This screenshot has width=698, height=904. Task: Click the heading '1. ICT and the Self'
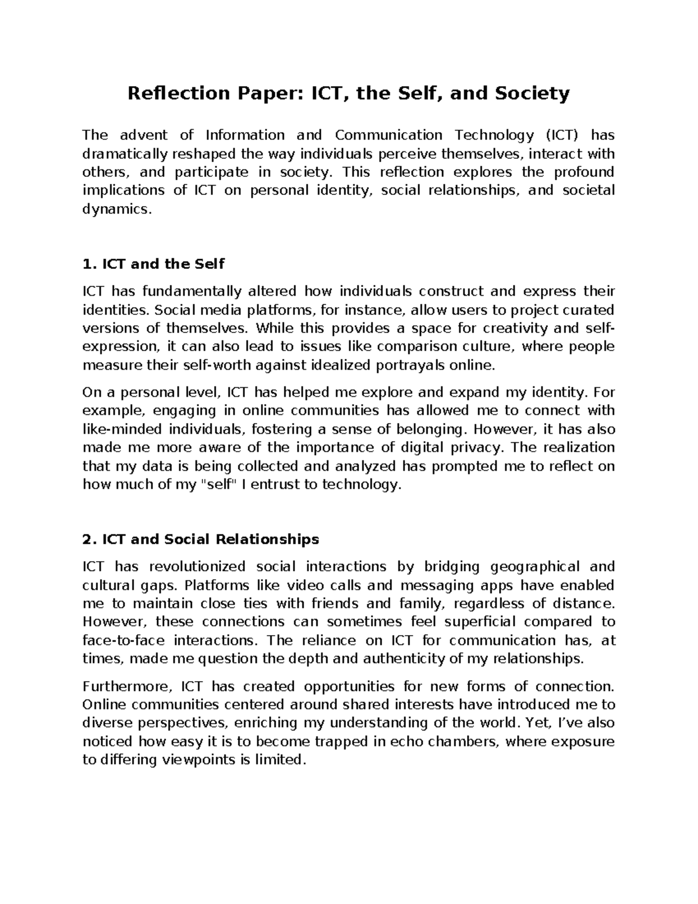click(154, 264)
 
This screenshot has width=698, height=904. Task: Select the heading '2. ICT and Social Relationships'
click(201, 539)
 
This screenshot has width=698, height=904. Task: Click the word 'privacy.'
click(480, 448)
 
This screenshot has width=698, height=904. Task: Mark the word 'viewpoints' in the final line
click(192, 760)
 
